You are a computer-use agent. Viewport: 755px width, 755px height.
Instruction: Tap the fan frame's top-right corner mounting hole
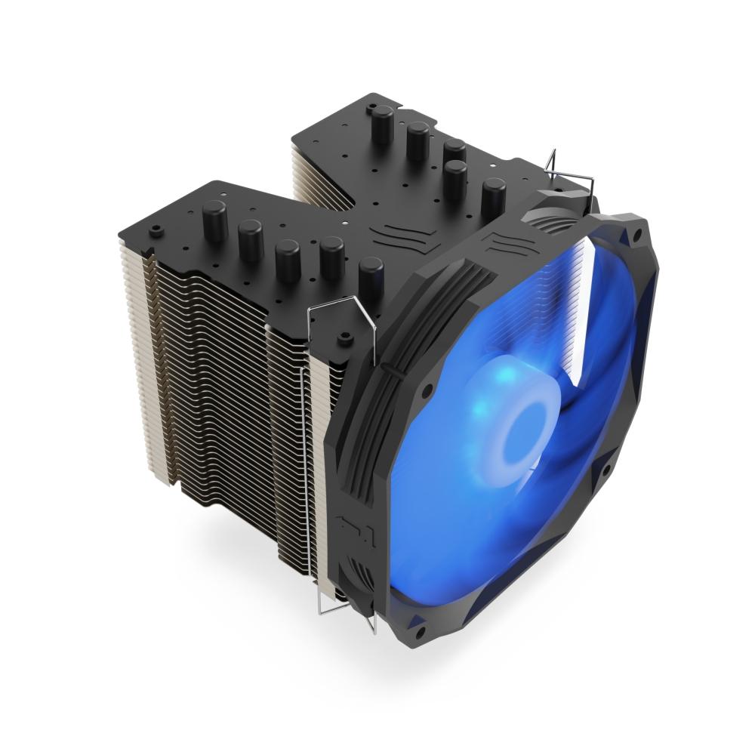click(636, 235)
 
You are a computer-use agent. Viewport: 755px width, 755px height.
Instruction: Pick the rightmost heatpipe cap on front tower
click(369, 273)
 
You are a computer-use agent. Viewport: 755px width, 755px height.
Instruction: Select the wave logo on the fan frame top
click(502, 241)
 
